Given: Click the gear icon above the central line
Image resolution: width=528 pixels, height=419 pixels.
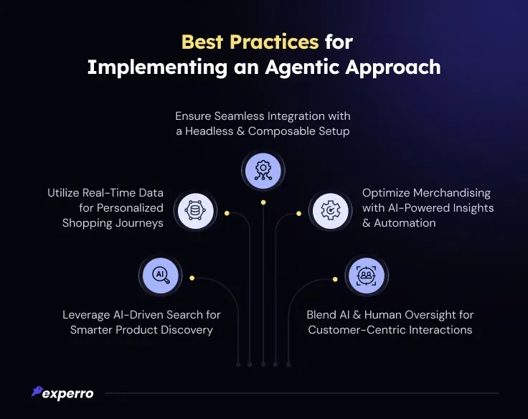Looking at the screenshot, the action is [x=263, y=171].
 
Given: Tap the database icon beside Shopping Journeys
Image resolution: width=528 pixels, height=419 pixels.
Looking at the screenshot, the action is [x=195, y=211].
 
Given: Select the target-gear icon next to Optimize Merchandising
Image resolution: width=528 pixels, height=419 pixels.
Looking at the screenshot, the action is [x=331, y=211].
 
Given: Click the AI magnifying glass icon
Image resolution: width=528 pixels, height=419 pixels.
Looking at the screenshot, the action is [x=160, y=276].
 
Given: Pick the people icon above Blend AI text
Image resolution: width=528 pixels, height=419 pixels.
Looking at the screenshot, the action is [x=367, y=276].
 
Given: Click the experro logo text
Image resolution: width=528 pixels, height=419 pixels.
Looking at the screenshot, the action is [x=68, y=394].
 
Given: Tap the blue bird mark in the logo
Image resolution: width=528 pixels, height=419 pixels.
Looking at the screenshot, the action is [x=37, y=391].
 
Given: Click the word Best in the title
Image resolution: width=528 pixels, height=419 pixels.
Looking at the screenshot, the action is [x=202, y=42].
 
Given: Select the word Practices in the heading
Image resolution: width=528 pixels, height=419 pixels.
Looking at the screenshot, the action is [x=274, y=42].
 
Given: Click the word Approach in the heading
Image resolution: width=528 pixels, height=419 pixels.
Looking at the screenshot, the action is [x=393, y=68].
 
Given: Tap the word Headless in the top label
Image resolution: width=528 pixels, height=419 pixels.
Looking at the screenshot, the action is [x=209, y=131].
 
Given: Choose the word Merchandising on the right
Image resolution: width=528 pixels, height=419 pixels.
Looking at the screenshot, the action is [x=452, y=193].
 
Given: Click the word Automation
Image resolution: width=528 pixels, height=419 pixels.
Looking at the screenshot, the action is [x=405, y=223].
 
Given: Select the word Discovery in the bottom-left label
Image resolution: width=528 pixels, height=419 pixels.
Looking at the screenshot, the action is [x=187, y=330].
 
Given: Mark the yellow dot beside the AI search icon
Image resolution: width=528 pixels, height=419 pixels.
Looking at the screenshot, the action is [x=192, y=278].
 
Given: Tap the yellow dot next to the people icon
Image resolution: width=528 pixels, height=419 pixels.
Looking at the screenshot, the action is [x=335, y=279].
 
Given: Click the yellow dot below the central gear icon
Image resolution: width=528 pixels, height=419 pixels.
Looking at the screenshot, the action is [x=263, y=202].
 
